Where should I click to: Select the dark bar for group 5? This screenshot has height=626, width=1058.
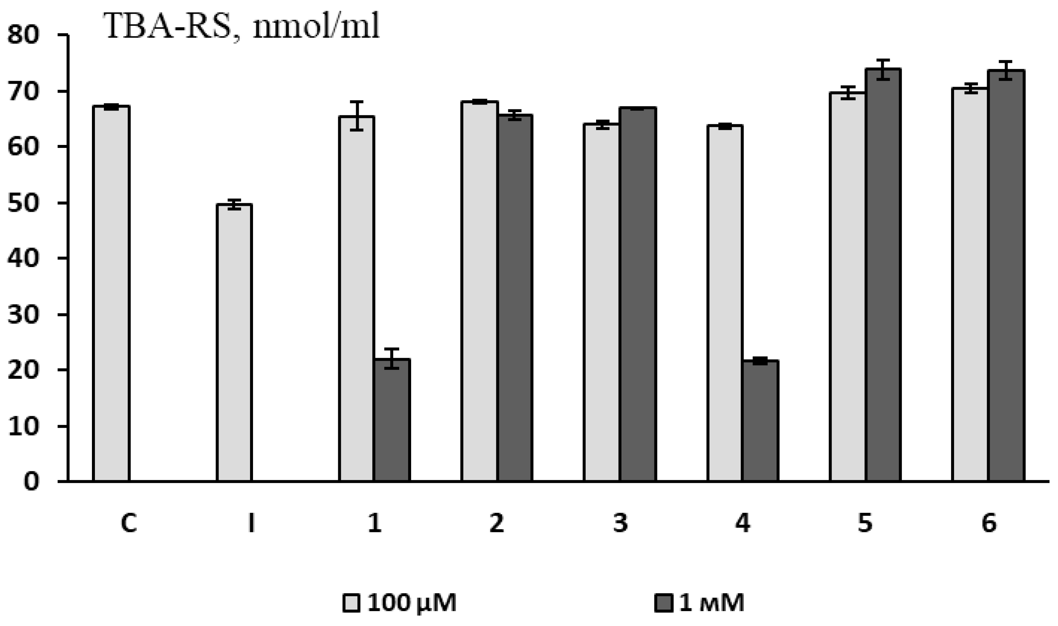click(x=883, y=274)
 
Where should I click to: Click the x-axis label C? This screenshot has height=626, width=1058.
click(x=128, y=524)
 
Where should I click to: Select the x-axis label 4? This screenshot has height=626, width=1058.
click(x=742, y=524)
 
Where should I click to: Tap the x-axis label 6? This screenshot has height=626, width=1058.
click(x=988, y=524)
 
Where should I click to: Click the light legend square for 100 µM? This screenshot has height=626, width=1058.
click(x=351, y=603)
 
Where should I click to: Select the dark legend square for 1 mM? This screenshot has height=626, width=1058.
click(x=663, y=603)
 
